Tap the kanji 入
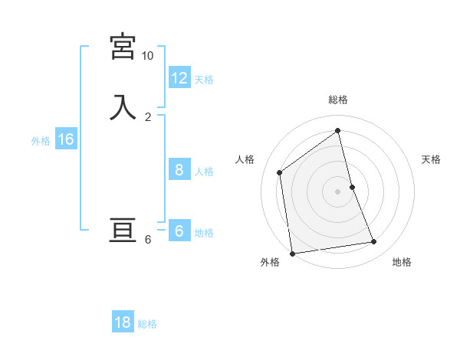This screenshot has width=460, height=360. point(123,107)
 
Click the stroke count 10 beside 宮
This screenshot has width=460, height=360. point(147,56)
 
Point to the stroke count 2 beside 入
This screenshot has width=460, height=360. point(148,116)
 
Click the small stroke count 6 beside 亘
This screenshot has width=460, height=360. point(148,240)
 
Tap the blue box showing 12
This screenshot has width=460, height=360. point(179,78)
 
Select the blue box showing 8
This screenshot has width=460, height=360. point(179,169)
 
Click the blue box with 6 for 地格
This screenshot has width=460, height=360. point(179,231)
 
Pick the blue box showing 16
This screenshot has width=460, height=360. point(65,139)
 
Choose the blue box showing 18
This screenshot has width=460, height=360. point(123,322)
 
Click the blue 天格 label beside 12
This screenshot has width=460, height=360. point(204,80)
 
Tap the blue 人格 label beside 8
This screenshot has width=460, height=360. point(204,171)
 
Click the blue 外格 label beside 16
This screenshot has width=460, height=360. point(41,141)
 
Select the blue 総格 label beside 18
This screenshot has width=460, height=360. point(147,324)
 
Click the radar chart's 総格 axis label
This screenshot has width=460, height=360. point(338,100)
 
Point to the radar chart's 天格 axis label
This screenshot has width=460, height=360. point(431,159)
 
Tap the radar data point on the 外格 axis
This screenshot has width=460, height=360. point(292,253)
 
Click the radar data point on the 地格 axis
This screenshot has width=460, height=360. point(374,242)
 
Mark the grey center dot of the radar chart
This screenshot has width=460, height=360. point(338,191)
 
